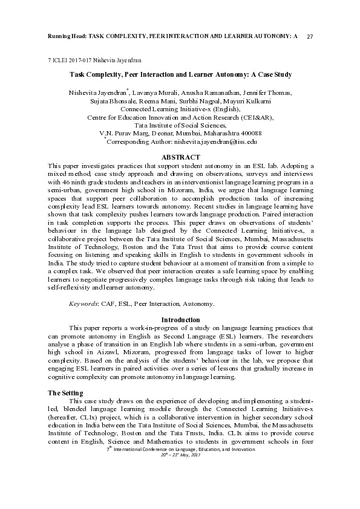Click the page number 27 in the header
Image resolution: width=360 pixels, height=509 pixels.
coord(310,37)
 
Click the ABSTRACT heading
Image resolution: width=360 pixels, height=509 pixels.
coord(180,157)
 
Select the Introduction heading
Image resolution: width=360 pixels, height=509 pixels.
coord(180,319)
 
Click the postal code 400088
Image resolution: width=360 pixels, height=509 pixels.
coord(249,133)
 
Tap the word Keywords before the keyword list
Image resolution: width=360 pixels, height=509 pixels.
coord(83,303)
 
